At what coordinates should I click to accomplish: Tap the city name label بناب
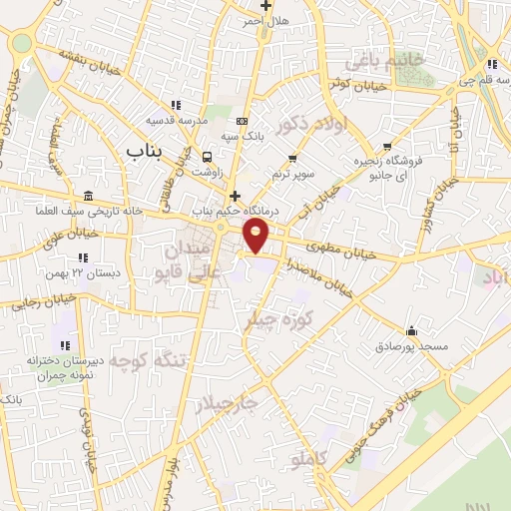coord(144,151)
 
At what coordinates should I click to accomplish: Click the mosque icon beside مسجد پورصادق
coord(411,330)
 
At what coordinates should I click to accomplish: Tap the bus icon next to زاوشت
coord(208,157)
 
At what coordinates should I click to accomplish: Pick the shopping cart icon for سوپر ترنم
coord(292,158)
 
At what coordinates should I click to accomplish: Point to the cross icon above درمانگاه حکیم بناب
coord(236,196)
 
